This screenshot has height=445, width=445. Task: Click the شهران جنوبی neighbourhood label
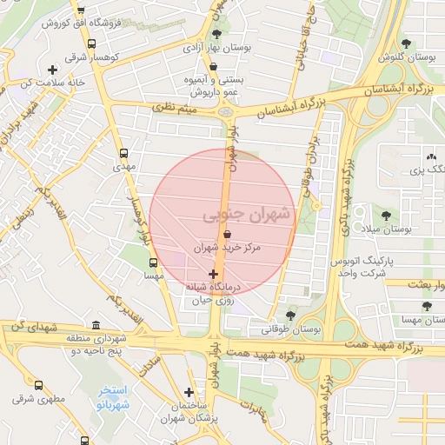tap(248, 214)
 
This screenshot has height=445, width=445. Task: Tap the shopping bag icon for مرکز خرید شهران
tap(227, 234)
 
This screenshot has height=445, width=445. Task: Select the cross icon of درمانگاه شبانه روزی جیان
tap(214, 274)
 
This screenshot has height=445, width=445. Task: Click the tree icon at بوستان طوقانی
tap(290, 315)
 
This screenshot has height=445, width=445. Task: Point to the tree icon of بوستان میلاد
tap(386, 215)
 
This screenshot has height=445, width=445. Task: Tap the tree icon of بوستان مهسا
tap(426, 306)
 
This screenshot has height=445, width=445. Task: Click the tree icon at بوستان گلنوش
tap(406, 43)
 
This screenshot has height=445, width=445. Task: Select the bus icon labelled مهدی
tap(123, 150)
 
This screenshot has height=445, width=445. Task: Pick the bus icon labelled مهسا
tap(154, 262)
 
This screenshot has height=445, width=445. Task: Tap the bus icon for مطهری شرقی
tap(38, 385)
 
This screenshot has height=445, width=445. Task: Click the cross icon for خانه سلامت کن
tap(52, 70)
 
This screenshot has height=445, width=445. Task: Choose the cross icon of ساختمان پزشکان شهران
tap(189, 392)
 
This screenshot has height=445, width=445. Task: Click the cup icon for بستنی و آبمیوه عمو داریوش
tap(213, 66)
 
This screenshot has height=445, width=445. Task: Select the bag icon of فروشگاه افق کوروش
tap(81, 10)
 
